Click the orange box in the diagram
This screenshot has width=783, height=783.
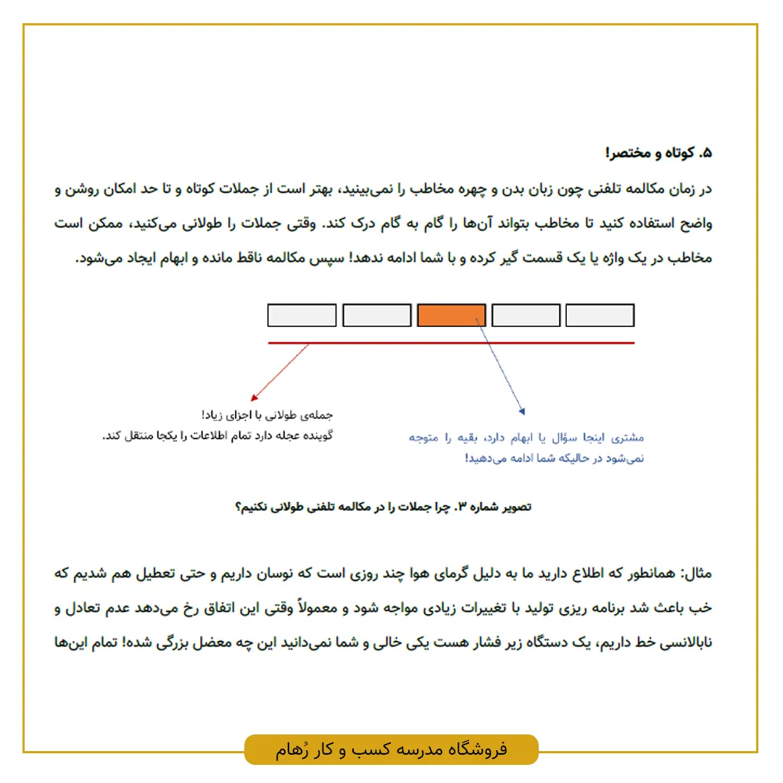point(451,315)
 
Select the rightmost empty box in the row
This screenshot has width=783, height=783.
point(600,315)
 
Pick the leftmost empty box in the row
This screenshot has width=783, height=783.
point(302,315)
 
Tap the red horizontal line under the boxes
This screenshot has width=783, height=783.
point(451,342)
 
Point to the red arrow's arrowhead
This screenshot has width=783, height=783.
point(253,398)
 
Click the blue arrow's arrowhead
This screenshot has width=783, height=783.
point(521,412)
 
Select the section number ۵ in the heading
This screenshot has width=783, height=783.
point(707,153)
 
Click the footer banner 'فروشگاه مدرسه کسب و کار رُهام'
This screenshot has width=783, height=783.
point(391,749)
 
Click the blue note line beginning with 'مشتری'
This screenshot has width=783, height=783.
point(526,438)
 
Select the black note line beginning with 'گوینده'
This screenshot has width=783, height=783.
point(217,436)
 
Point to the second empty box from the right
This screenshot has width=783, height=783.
point(526,315)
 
